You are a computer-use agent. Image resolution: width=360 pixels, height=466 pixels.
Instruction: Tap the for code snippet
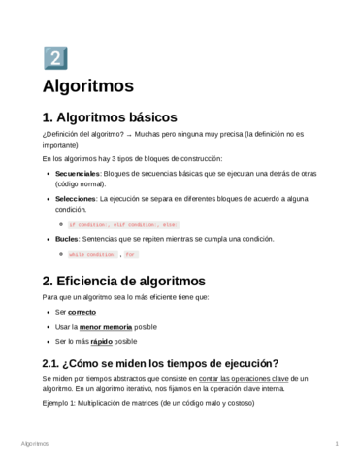point(131,254)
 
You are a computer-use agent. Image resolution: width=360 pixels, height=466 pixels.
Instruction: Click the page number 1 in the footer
point(335,443)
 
